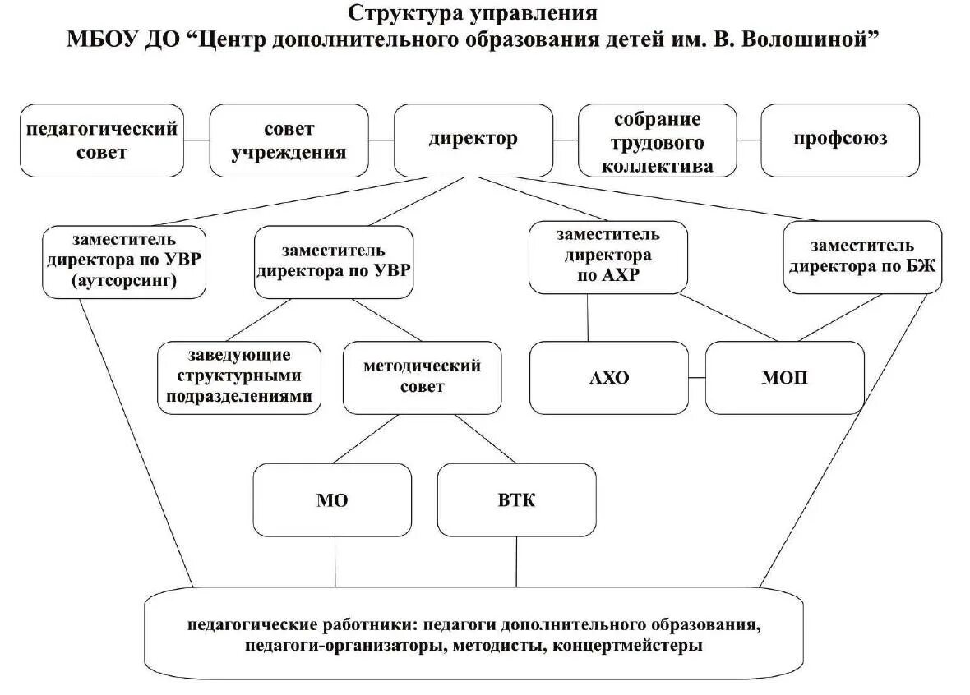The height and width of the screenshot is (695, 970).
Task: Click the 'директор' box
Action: [x=473, y=139]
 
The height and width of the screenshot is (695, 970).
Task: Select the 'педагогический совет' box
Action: [x=102, y=140]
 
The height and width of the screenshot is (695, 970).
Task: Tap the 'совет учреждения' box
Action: [x=288, y=140]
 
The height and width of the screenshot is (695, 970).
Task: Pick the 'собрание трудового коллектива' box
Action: [x=658, y=141]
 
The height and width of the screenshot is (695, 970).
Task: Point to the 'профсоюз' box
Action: [x=839, y=139]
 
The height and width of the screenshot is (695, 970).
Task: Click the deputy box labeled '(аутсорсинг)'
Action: [x=124, y=261]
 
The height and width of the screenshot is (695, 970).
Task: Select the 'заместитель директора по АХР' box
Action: [x=607, y=256]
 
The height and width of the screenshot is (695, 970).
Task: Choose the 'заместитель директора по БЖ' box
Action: [x=861, y=256]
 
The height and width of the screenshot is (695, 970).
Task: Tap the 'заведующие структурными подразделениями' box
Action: [x=240, y=376]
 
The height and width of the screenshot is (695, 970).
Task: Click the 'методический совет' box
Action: [x=422, y=376]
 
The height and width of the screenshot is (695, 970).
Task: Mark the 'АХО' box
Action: [x=608, y=378]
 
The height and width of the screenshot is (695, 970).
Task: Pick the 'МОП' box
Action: [x=784, y=378]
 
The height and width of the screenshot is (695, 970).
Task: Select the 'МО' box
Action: [x=332, y=499]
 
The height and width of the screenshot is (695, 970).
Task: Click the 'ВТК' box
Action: [x=516, y=499]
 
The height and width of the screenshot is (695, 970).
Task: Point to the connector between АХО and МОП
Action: [x=697, y=378]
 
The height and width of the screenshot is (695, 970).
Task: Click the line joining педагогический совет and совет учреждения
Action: [x=196, y=140]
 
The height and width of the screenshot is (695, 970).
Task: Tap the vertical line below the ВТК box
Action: [x=516, y=562]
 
